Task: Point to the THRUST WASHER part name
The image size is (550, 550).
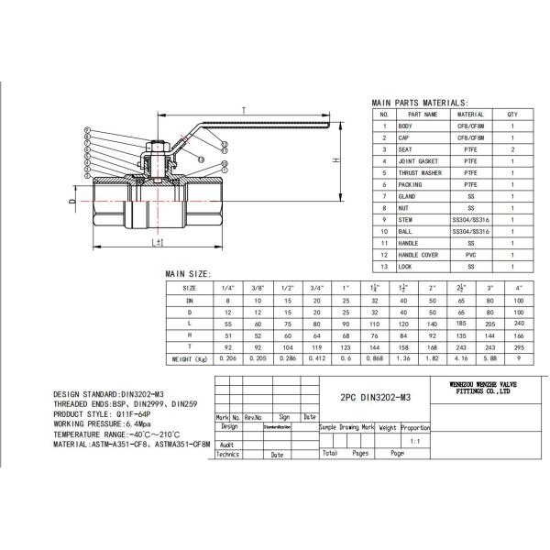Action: [420, 172]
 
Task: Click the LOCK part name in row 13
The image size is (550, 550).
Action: [405, 265]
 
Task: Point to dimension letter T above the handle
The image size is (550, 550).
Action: [243, 109]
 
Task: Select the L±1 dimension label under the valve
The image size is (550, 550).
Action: [159, 242]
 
